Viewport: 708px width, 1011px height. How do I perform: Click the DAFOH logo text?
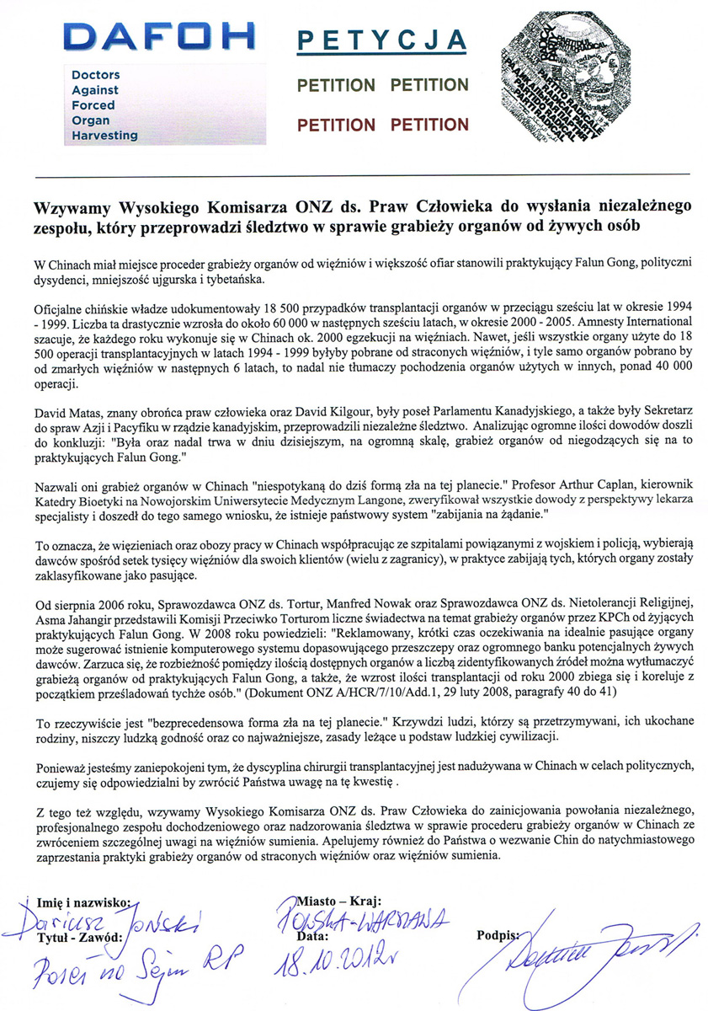tap(159, 36)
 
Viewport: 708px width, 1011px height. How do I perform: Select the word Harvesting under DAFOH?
tap(105, 135)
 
